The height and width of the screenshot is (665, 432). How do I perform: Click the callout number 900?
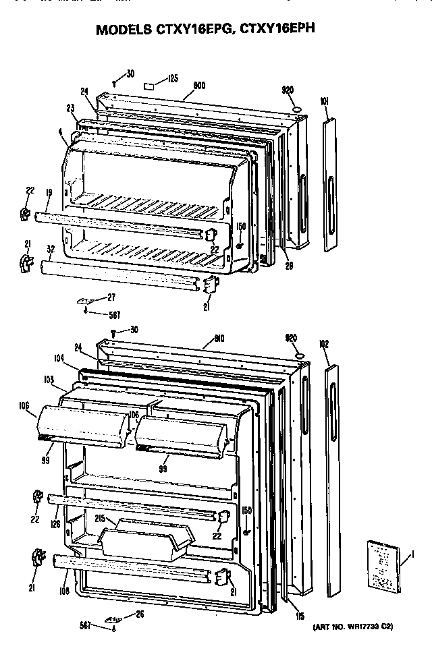click(x=199, y=86)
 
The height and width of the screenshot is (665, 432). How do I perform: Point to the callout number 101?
click(x=324, y=103)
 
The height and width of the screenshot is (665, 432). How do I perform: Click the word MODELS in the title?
click(x=124, y=30)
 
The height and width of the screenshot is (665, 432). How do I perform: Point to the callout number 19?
click(x=49, y=193)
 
